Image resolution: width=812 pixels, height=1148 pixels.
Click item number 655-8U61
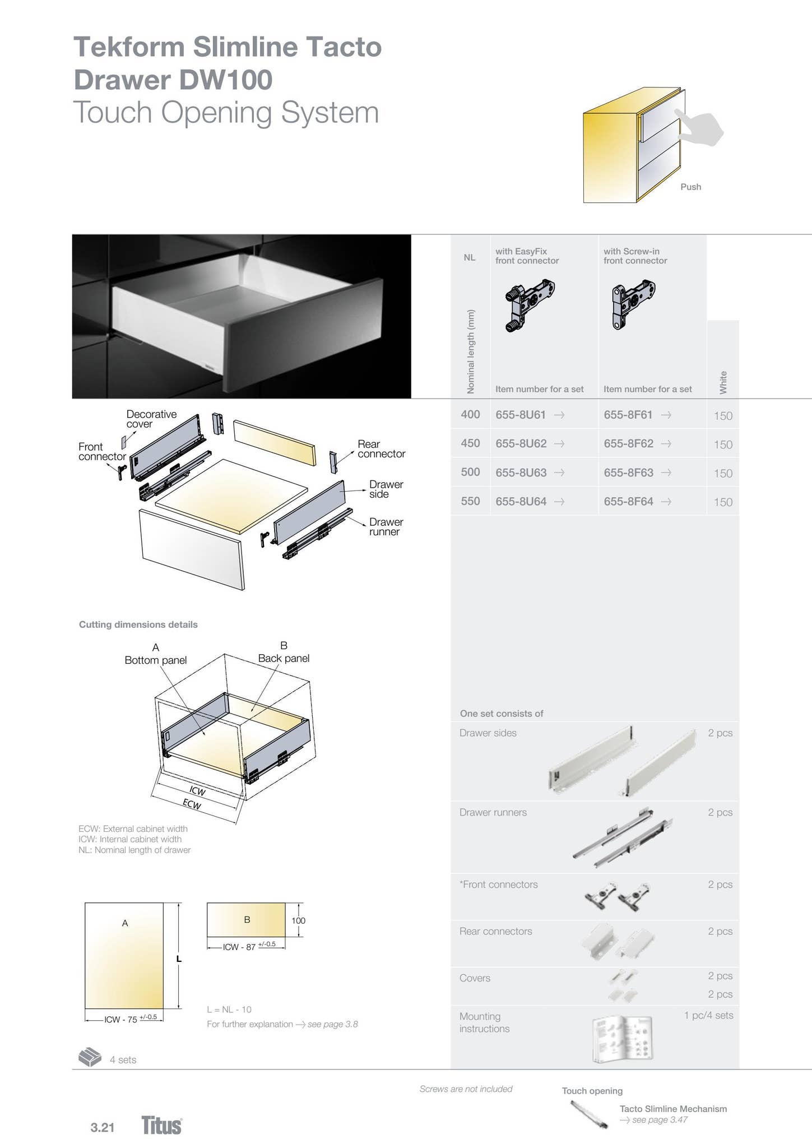pos(521,415)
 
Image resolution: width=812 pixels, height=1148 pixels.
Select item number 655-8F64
pos(628,502)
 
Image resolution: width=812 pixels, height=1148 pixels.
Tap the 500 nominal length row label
pos(470,472)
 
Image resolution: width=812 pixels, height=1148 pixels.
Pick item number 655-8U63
pos(521,473)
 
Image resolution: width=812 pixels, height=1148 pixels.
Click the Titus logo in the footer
pos(161,1125)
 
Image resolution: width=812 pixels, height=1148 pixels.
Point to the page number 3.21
pos(103,1127)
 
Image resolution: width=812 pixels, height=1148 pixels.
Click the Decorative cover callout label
pos(151,419)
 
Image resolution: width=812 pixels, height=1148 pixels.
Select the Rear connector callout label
pos(381,449)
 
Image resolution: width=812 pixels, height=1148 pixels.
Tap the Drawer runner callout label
pos(386,527)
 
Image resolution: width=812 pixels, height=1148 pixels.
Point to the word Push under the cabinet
pos(690,187)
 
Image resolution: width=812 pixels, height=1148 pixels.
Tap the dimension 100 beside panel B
pos(298,920)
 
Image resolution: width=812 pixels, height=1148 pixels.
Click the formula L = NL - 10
pos(229,1010)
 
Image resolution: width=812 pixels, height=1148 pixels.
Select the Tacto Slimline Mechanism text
pos(672,1109)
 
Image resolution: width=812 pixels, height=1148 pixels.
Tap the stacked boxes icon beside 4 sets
pos(90,1057)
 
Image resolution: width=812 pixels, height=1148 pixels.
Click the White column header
pos(723,382)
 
